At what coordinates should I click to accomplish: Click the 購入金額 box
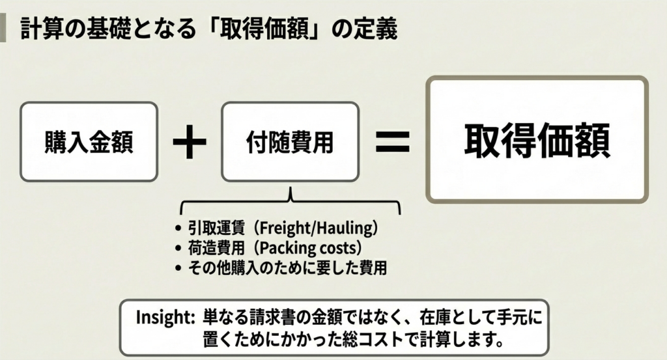pos(89,141)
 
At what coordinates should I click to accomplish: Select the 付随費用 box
pos(290,141)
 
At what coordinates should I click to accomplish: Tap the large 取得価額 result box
pos(537,140)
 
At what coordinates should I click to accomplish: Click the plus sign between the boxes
pos(190,142)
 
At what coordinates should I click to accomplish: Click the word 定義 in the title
pos(378,29)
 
